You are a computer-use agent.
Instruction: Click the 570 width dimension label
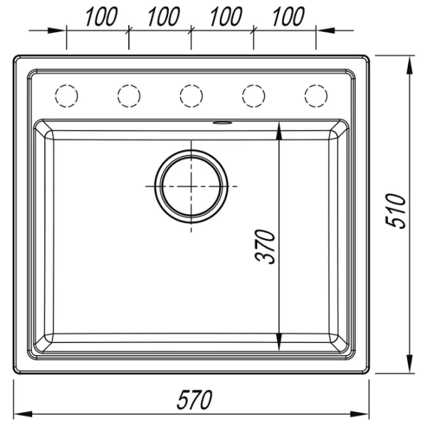coord(194,399)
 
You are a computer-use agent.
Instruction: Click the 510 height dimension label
coord(396,211)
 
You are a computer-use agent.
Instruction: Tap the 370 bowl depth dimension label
coord(265,247)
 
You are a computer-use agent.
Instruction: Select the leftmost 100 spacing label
coord(101,17)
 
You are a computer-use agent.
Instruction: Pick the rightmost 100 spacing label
coord(288,17)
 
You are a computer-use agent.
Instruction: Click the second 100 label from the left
coord(164,17)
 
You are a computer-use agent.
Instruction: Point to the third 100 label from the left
coord(226,17)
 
